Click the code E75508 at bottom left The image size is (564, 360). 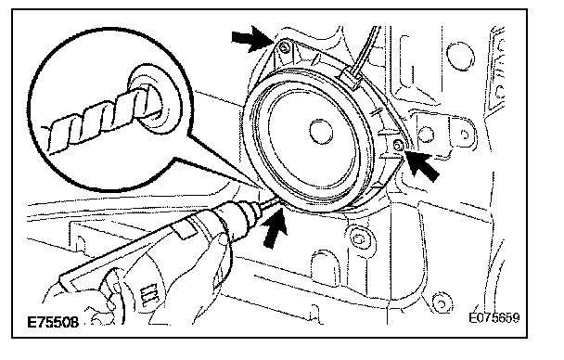click(53, 322)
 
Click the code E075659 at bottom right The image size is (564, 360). click(494, 318)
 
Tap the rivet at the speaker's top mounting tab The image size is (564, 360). click(285, 47)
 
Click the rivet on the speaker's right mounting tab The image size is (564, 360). click(398, 146)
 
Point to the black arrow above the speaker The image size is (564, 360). click(250, 38)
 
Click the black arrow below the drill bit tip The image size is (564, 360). click(275, 228)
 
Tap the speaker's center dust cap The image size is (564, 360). click(321, 132)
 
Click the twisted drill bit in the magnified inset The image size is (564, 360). click(97, 119)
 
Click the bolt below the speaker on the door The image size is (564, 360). click(359, 238)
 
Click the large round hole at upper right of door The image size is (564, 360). click(460, 56)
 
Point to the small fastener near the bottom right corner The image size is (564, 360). click(442, 302)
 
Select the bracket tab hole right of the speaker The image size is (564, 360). click(465, 135)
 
